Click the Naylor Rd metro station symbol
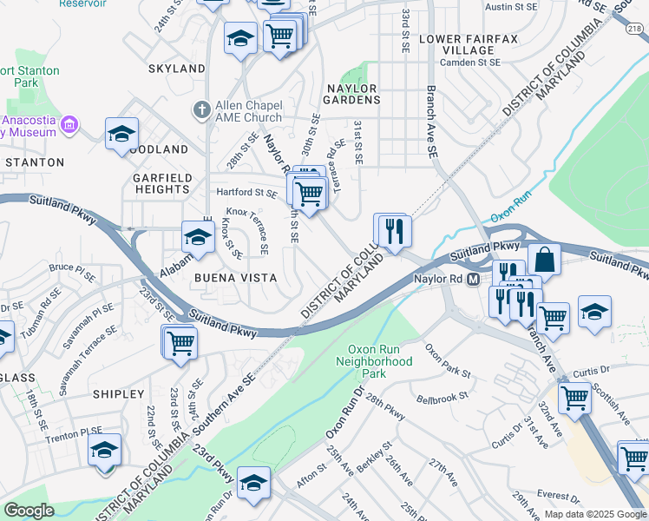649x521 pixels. (x=473, y=279)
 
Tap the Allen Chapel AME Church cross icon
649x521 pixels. (x=201, y=110)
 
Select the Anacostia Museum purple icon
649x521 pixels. (x=70, y=125)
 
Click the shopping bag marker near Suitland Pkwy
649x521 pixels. (x=544, y=259)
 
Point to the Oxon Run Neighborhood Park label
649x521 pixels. (x=374, y=359)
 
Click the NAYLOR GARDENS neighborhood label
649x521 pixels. (x=352, y=94)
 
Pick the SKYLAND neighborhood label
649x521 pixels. (x=177, y=69)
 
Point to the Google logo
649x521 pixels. (x=29, y=511)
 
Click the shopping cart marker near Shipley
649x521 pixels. (x=180, y=342)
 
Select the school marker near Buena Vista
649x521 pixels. (x=198, y=237)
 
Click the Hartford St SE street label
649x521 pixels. (x=246, y=193)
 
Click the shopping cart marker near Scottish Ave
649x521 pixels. (x=574, y=399)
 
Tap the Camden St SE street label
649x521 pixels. (x=470, y=63)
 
